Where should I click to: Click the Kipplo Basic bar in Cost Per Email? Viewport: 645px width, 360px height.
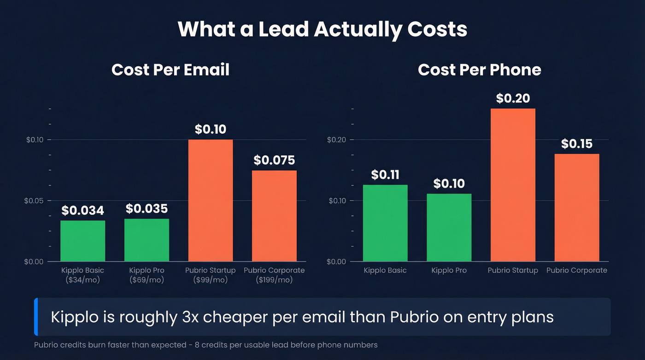click(x=83, y=241)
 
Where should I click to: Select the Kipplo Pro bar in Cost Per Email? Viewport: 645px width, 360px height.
click(x=147, y=240)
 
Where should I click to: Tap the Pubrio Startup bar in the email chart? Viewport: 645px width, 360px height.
click(x=211, y=200)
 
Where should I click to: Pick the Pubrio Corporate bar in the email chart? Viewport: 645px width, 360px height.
click(x=274, y=216)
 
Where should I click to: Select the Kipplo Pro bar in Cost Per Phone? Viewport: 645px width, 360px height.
click(x=449, y=227)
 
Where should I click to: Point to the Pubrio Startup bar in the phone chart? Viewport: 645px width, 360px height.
click(x=513, y=185)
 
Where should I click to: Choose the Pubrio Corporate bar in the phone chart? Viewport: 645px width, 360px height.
click(x=576, y=207)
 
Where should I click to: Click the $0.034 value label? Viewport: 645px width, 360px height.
click(x=83, y=211)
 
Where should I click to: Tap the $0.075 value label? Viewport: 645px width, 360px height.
click(x=274, y=160)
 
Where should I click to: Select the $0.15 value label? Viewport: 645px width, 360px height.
click(x=576, y=144)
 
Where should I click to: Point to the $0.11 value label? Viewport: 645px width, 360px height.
click(x=385, y=175)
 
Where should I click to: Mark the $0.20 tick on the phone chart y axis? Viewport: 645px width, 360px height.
click(x=336, y=140)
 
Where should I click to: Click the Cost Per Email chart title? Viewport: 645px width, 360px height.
click(x=170, y=70)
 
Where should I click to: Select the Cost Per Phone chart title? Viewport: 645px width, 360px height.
click(x=479, y=70)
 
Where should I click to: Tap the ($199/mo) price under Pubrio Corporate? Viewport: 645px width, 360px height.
click(x=274, y=280)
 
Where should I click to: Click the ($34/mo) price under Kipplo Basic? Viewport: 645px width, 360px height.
click(x=83, y=280)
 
